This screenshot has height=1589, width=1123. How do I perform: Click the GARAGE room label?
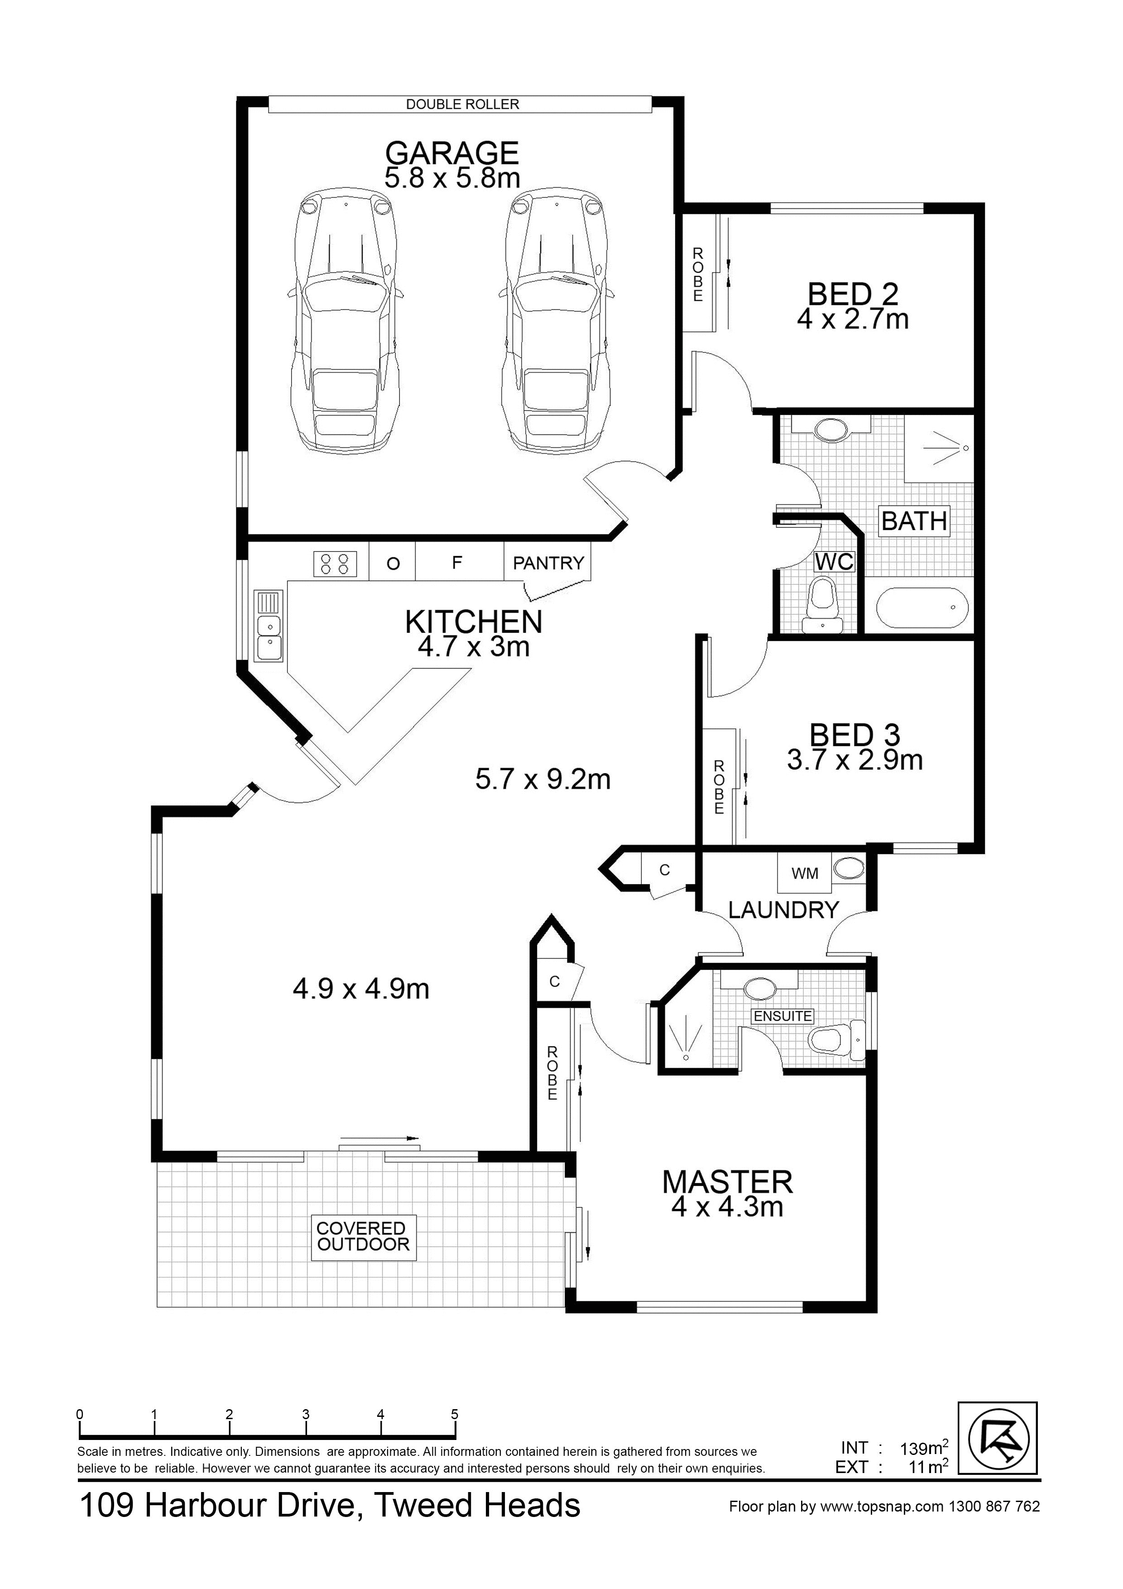tap(452, 152)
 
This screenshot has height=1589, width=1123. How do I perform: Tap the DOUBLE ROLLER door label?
tap(462, 105)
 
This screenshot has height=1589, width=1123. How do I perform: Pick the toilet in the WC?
tap(823, 605)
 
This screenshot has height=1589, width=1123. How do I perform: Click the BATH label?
tap(914, 520)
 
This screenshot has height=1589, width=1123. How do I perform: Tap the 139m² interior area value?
tap(923, 1447)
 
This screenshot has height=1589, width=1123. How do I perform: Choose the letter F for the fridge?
tap(457, 563)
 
